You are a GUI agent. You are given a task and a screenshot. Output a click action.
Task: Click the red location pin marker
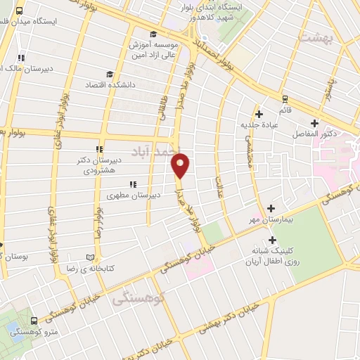(180, 166)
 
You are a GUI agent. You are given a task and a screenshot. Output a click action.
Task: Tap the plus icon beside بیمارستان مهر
(272, 208)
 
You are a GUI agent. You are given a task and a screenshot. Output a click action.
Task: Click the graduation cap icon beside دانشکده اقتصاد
(109, 74)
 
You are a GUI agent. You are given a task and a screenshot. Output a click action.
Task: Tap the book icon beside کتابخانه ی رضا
(89, 257)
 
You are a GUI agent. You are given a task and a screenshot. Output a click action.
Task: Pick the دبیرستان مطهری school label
(134, 195)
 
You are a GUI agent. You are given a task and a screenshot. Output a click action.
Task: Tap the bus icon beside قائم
(285, 99)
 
